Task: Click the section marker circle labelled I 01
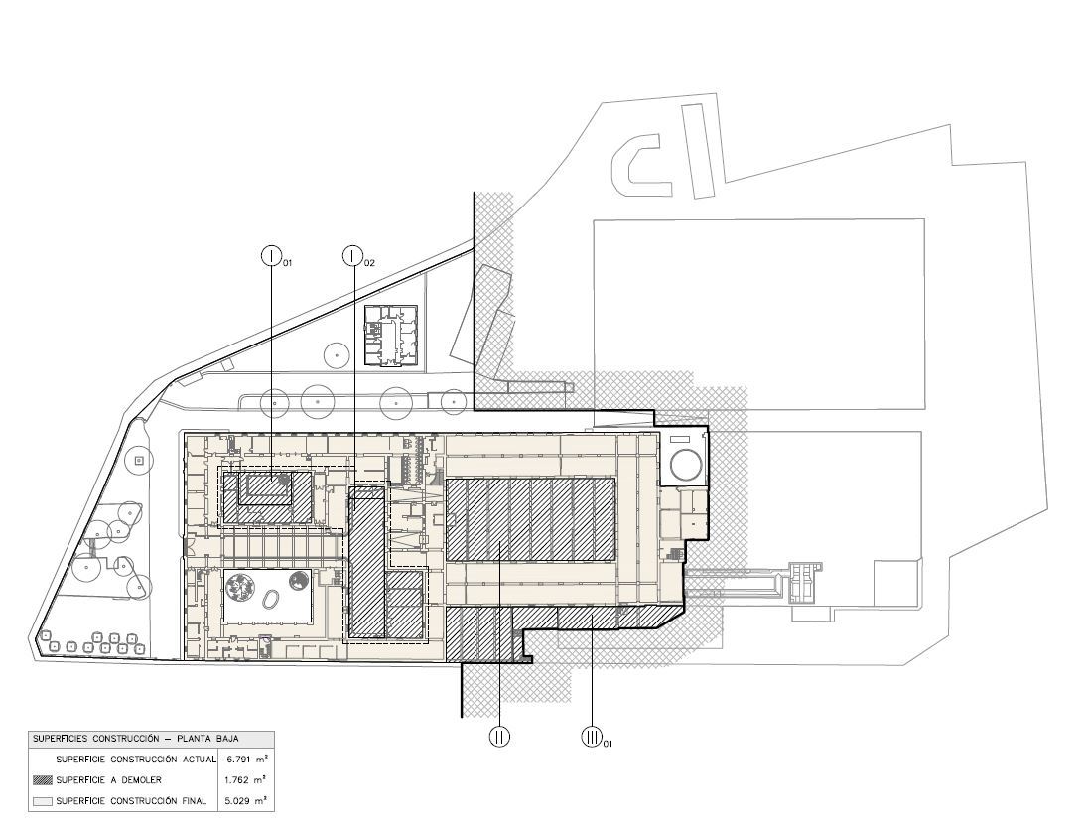click(272, 255)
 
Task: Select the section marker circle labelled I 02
click(353, 255)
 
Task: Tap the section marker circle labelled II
click(499, 736)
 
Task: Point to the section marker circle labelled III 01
click(592, 736)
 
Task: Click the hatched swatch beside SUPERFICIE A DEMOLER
click(42, 779)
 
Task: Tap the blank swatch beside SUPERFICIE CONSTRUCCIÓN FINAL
click(42, 800)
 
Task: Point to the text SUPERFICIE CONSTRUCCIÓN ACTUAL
click(136, 760)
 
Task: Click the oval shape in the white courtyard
click(270, 600)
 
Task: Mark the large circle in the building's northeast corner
click(686, 463)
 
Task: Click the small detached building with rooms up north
click(392, 336)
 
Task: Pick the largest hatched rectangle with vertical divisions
click(532, 517)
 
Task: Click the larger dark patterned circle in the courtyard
click(239, 587)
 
